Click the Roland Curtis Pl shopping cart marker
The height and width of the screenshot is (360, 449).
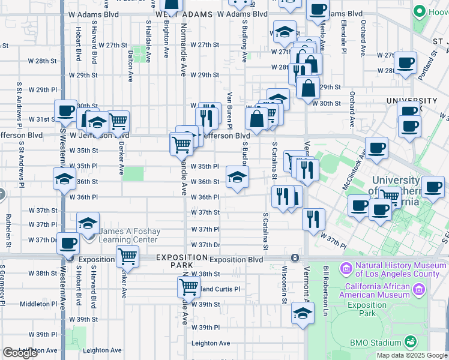tap(188, 287)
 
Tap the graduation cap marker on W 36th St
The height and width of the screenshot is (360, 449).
tap(237, 176)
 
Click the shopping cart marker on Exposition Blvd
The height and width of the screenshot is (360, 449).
tap(127, 256)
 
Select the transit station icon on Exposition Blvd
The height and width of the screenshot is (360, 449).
tap(295, 258)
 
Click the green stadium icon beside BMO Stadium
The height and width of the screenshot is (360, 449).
tap(411, 342)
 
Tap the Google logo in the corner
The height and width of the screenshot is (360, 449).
tap(20, 353)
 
